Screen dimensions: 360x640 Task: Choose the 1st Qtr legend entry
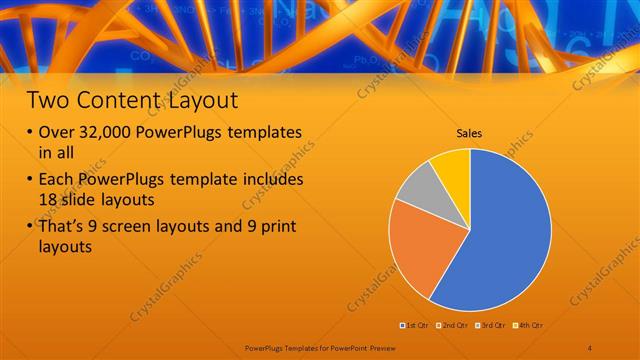point(416,326)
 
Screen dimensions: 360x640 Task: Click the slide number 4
point(590,346)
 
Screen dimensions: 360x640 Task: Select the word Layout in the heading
point(203,100)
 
